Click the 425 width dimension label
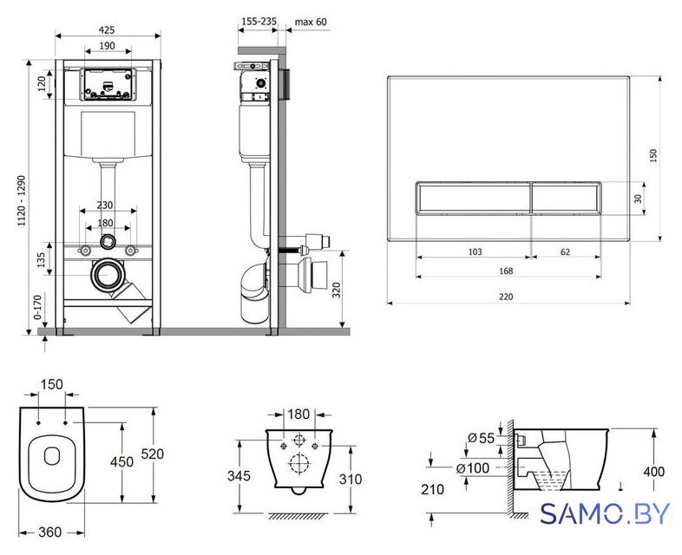[107, 30]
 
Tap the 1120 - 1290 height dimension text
[22, 200]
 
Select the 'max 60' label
[311, 22]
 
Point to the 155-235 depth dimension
[259, 22]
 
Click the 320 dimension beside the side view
[337, 290]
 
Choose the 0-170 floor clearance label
[38, 307]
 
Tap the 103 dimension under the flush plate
[475, 251]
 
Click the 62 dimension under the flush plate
[565, 251]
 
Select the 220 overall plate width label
[506, 297]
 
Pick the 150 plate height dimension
[653, 155]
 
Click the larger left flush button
[473, 199]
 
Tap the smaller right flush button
[567, 199]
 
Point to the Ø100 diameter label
[473, 468]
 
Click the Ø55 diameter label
[482, 438]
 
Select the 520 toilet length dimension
[153, 454]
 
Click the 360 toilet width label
[50, 532]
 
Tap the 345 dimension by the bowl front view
[239, 476]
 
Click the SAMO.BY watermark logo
[605, 514]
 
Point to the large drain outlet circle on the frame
[105, 275]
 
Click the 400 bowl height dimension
[653, 472]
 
